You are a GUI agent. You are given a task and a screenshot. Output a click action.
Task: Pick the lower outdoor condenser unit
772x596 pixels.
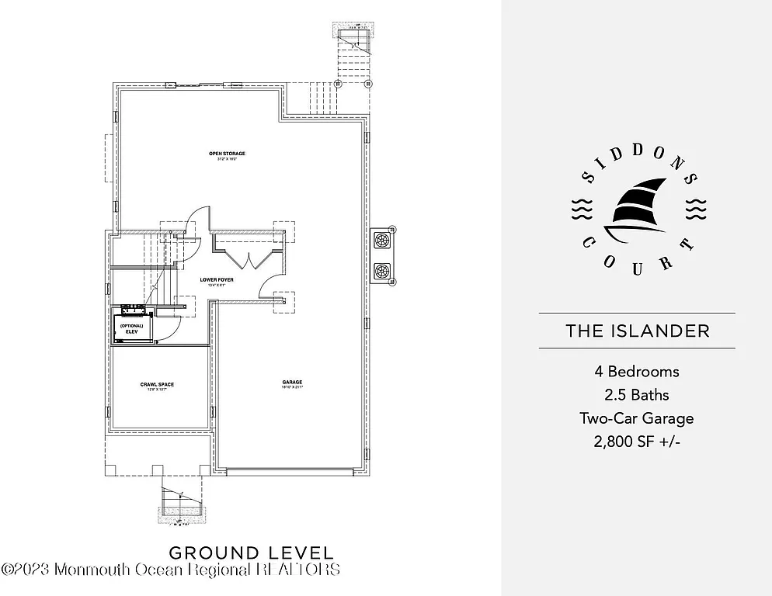pyautogui.click(x=383, y=272)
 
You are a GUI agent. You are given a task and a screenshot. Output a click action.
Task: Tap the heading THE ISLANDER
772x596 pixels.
pyautogui.click(x=637, y=331)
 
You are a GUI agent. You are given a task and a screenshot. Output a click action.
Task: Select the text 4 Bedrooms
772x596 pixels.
pyautogui.click(x=637, y=372)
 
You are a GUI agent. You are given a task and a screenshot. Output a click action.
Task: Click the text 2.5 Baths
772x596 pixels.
pyautogui.click(x=637, y=395)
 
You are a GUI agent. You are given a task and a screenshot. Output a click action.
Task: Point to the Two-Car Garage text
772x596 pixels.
pyautogui.click(x=637, y=418)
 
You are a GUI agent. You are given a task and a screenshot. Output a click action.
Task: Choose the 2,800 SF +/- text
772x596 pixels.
pyautogui.click(x=637, y=442)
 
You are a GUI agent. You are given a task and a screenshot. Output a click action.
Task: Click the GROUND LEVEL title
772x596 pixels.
pyautogui.click(x=251, y=553)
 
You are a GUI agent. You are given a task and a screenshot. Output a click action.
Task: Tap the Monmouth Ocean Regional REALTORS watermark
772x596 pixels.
pyautogui.click(x=171, y=570)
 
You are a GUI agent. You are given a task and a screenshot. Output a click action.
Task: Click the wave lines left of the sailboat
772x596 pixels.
pyautogui.click(x=582, y=209)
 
